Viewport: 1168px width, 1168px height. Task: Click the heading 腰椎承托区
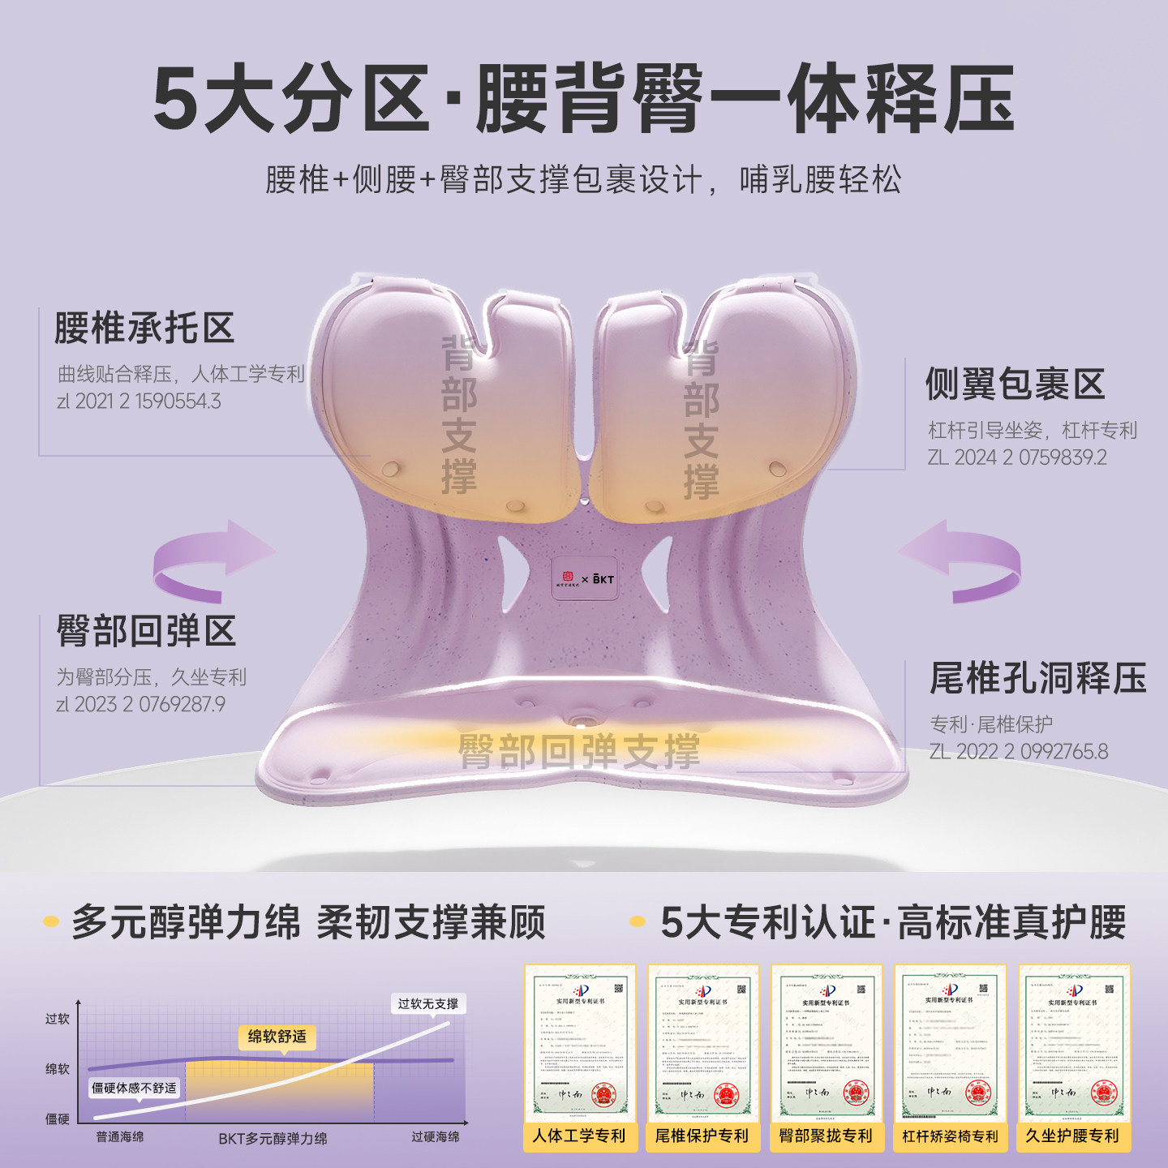(x=144, y=328)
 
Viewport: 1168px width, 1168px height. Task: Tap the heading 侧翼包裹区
(x=1016, y=384)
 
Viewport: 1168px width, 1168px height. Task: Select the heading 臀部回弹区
(x=146, y=631)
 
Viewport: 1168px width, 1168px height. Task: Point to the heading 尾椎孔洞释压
(x=1037, y=679)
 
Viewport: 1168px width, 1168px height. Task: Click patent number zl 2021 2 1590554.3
(x=139, y=401)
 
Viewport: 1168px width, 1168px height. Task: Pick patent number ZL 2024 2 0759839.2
(x=1017, y=457)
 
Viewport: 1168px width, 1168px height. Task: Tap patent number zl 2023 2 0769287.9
(x=140, y=704)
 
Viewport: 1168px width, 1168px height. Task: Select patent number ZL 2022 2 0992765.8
(x=1018, y=752)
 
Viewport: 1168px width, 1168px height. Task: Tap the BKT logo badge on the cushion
(x=585, y=578)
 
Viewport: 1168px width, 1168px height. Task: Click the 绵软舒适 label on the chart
(x=277, y=1037)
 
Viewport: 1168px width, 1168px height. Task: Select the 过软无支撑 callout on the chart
(x=427, y=1004)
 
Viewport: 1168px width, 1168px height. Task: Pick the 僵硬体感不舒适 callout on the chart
(x=134, y=1088)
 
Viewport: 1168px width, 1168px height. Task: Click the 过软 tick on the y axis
(x=57, y=1019)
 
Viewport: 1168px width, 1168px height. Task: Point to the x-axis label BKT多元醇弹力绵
(x=273, y=1139)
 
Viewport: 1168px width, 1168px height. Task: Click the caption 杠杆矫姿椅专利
(x=950, y=1136)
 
